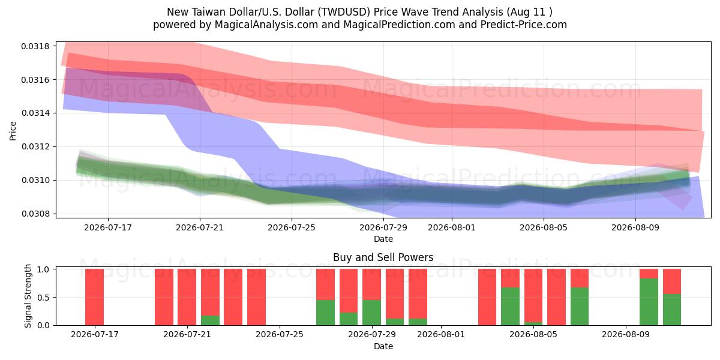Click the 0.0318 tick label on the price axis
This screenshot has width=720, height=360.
35,46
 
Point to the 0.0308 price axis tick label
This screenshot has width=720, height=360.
35,214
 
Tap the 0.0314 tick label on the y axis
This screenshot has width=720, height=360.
35,113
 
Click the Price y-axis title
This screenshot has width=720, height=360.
13,131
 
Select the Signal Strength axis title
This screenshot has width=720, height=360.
28,296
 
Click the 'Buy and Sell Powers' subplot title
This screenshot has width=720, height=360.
383,257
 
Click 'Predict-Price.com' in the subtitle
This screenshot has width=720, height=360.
524,25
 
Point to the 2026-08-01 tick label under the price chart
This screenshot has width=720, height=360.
452,227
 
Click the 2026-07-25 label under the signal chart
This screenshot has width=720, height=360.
280,334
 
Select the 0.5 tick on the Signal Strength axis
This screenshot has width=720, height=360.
43,298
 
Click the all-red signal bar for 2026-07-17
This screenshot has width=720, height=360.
95,297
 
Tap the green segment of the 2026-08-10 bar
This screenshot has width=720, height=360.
649,302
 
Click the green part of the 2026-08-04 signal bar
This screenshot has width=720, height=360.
510,307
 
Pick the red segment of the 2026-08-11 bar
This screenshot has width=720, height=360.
672,281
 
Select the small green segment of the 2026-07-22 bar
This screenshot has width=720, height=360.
210,320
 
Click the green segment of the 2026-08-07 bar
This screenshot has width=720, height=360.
580,307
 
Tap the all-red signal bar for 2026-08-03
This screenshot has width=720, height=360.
487,297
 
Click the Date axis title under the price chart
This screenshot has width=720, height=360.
383,239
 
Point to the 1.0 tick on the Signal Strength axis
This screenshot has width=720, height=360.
43,269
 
